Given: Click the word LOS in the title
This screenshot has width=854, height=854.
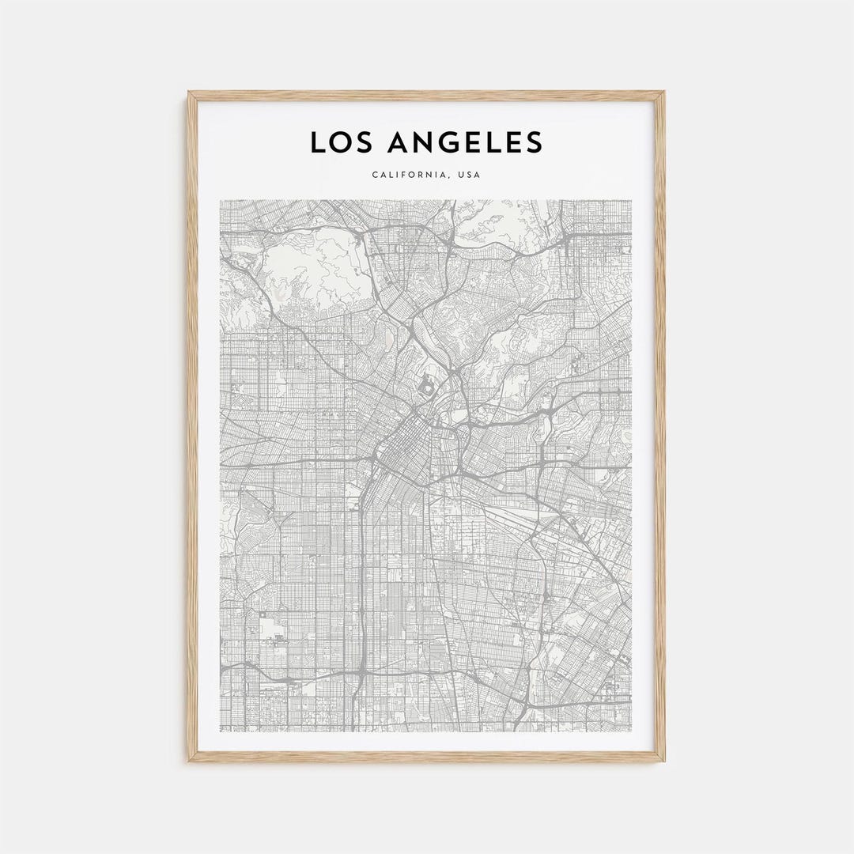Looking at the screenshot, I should (x=338, y=142).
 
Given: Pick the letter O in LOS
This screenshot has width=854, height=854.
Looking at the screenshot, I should (x=338, y=142).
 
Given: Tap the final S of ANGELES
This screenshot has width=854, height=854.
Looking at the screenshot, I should (x=534, y=142).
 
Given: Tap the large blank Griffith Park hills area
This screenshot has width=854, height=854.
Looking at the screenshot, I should (x=312, y=273).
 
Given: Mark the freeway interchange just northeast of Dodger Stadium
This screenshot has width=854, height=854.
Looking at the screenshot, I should (x=457, y=370).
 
